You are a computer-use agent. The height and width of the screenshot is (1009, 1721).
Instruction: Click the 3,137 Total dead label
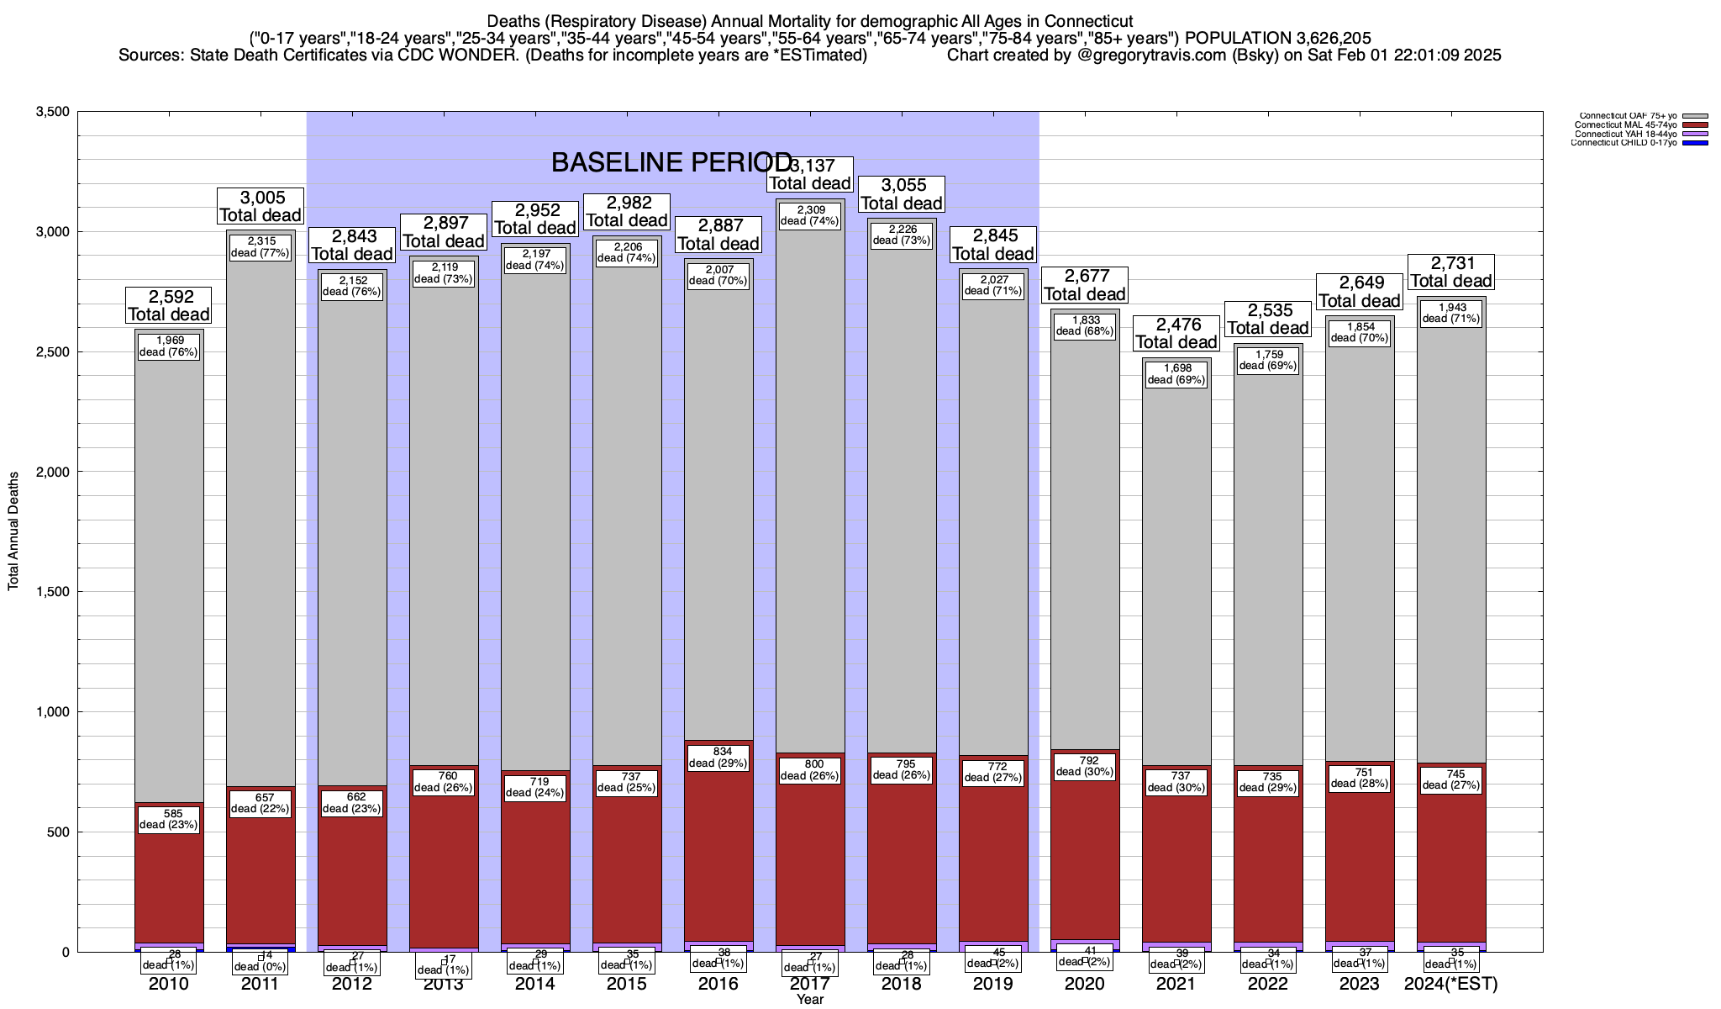pos(810,174)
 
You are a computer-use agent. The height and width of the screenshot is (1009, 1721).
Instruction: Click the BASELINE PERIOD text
pos(671,162)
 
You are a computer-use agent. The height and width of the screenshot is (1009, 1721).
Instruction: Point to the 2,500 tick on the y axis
pos(51,352)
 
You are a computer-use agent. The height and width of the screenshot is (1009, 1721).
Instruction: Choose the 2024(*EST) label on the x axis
pos(1451,984)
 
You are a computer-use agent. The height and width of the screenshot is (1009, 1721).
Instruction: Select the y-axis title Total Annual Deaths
pos(13,531)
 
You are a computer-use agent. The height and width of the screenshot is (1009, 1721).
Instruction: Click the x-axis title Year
pos(810,1000)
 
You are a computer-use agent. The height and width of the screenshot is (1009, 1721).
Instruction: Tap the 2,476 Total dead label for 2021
pos(1176,333)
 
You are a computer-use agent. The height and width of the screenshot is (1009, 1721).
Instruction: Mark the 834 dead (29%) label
pos(718,758)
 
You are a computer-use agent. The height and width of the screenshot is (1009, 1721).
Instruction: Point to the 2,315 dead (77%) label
pos(261,246)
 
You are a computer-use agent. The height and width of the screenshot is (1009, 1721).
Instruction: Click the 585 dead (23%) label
pos(169,819)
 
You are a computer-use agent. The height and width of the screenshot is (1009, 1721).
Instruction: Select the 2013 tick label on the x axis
pos(444,985)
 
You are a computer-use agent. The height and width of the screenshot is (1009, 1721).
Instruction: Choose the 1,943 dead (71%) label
pos(1451,313)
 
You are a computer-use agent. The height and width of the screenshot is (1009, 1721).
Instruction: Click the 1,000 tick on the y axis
pos(51,712)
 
